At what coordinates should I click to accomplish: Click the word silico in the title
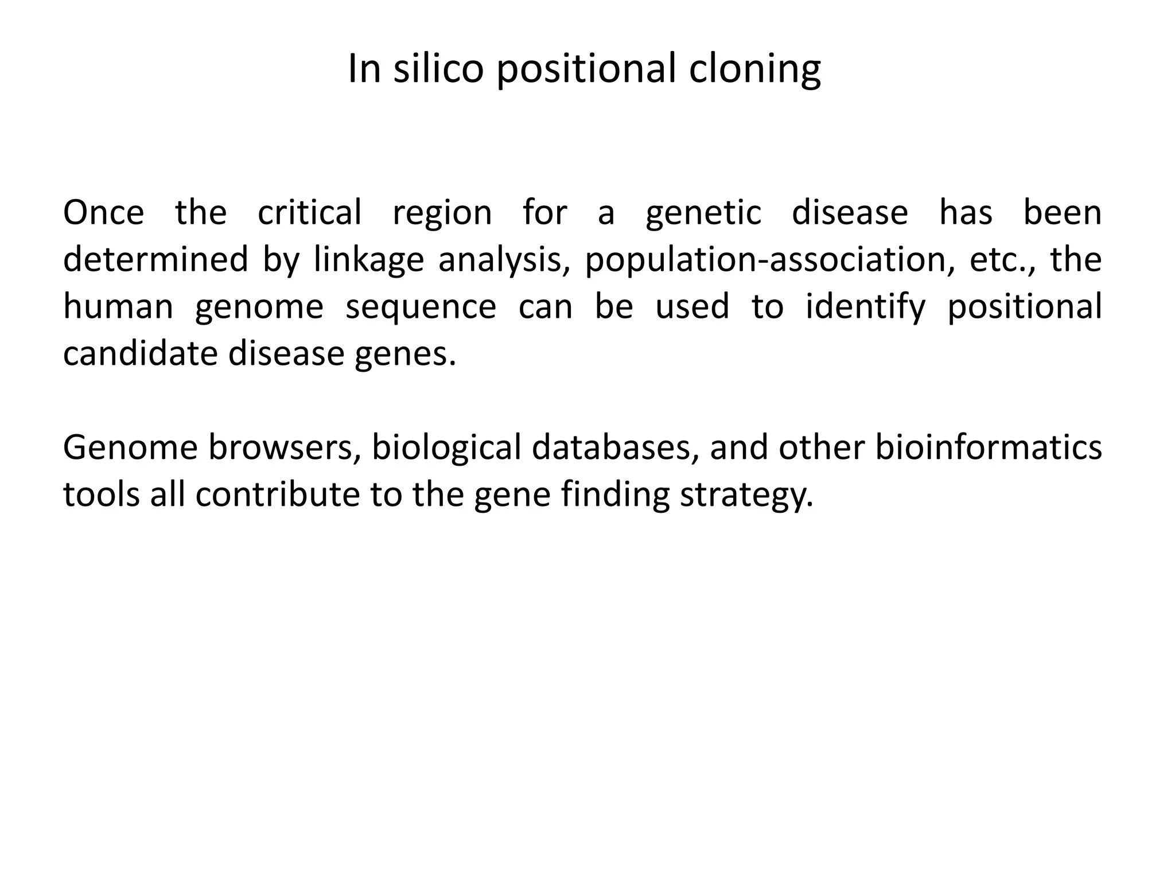438,69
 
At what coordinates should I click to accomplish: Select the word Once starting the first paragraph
103,212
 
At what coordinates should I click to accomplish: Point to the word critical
309,212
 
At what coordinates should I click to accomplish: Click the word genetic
703,213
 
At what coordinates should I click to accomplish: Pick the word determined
155,259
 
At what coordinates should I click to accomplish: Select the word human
118,306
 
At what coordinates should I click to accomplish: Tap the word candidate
140,353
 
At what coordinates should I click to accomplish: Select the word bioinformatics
988,447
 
